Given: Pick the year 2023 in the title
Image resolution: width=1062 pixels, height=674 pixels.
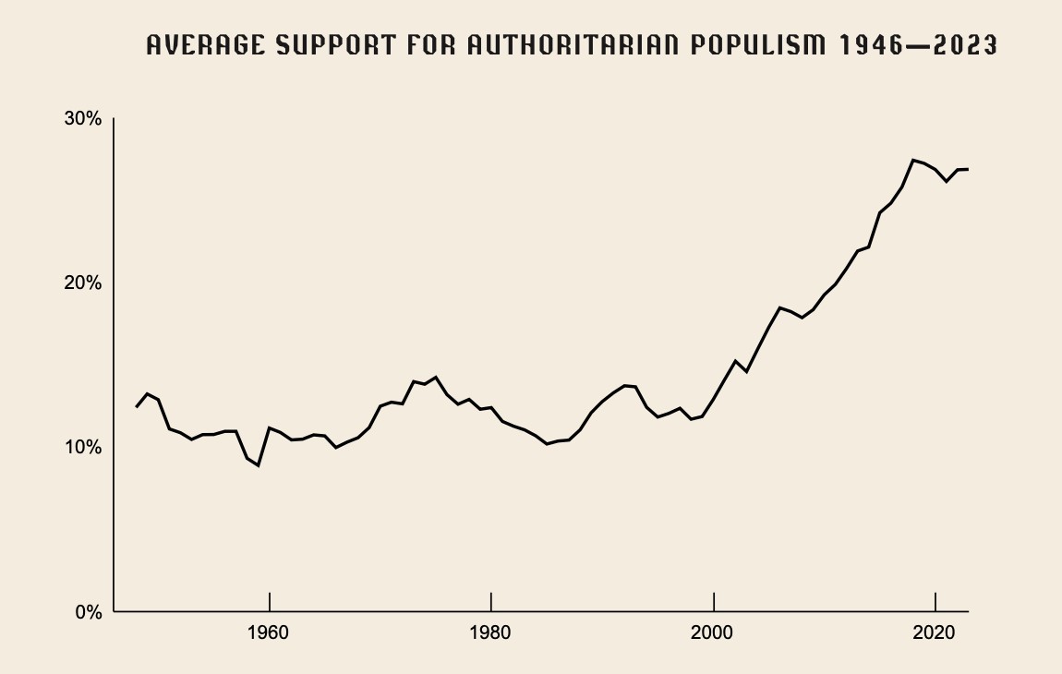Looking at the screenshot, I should point(966,45).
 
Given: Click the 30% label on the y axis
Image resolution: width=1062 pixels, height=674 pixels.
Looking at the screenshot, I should point(82,119).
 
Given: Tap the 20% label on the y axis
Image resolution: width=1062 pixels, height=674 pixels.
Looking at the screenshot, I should point(82,283).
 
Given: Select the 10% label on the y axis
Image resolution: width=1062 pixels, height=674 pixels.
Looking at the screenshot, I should point(82,447).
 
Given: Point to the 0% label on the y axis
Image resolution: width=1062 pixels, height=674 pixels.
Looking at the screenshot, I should point(87,611).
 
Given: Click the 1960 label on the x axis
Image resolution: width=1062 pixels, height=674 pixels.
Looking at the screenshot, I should point(269,634).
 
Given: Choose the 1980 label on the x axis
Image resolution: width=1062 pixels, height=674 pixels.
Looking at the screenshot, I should point(491,634).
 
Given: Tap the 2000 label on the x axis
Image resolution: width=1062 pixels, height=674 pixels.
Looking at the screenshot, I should point(714,634).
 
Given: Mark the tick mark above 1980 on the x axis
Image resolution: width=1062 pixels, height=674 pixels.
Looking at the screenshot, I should point(491,601).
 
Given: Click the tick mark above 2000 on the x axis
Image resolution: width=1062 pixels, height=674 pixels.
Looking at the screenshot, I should point(714,601).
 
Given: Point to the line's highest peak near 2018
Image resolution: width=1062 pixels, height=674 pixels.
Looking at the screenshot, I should point(913,160).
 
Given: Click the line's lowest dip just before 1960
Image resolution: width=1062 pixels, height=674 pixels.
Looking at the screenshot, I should point(258,465).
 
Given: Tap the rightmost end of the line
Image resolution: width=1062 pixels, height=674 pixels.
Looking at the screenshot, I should point(968,169).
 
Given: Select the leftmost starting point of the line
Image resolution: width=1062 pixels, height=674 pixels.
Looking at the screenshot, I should point(136,407).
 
